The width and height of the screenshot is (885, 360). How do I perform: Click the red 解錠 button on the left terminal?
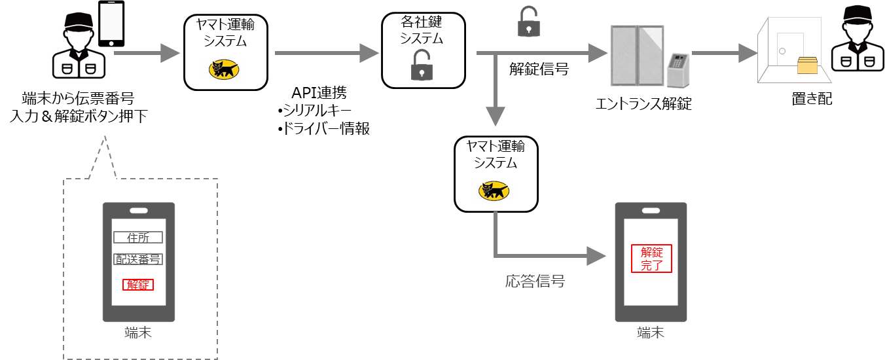[x=137, y=284]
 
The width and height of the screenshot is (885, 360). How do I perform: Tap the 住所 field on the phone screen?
[x=137, y=238]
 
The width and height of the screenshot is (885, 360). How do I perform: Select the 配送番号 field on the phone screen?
[x=137, y=259]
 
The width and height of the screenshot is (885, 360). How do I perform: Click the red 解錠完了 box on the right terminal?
[x=651, y=259]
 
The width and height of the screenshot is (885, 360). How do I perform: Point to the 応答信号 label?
[x=535, y=282]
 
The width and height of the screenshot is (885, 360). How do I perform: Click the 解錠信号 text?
[x=539, y=69]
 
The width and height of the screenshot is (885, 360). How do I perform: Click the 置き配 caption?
[x=810, y=99]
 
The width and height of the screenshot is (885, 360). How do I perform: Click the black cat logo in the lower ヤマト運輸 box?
[x=495, y=191]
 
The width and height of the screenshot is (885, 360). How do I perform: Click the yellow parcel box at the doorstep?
[x=807, y=66]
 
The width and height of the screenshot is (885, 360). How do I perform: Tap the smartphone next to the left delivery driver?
[x=111, y=24]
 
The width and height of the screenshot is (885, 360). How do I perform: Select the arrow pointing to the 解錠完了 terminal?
[x=556, y=255]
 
